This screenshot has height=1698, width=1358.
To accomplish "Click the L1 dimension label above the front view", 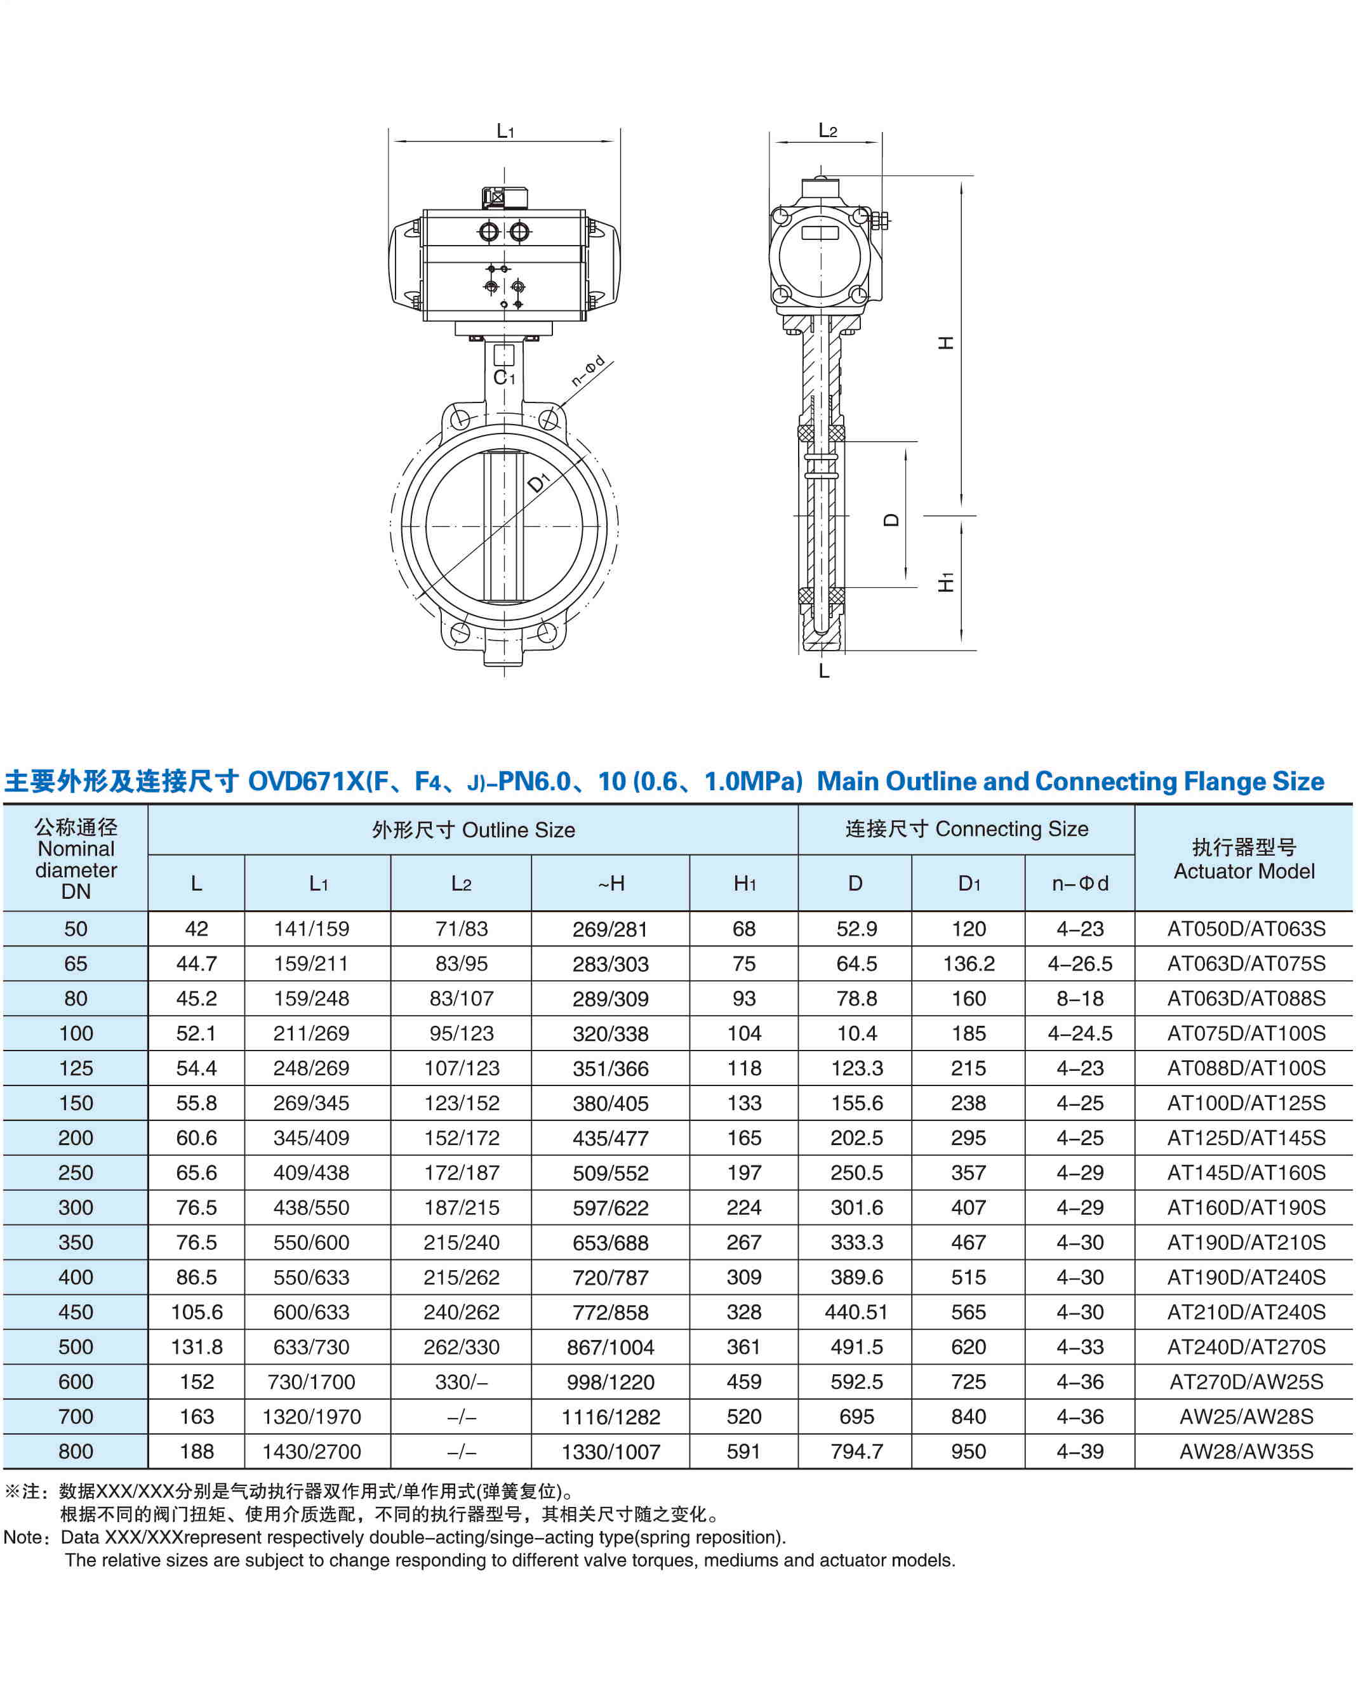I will (505, 131).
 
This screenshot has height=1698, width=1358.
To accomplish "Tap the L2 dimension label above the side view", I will (827, 131).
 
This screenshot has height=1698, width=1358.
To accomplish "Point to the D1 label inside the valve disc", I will (539, 481).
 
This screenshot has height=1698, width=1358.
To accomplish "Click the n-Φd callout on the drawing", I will (588, 371).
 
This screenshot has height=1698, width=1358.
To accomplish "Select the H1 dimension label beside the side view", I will (946, 582).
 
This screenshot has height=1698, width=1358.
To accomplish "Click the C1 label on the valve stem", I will (504, 378).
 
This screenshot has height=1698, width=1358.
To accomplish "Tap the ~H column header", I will (611, 884).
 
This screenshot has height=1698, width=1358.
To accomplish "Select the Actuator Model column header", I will (1244, 859).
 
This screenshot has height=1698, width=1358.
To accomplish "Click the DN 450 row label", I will (76, 1312).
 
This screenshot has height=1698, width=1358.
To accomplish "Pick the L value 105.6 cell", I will (196, 1312).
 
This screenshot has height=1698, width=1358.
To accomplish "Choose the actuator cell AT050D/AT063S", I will (1246, 929).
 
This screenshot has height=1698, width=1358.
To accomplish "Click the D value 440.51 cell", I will (856, 1312).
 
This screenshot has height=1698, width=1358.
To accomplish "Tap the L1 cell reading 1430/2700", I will (311, 1452).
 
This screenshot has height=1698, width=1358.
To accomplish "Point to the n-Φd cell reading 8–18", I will (1080, 998).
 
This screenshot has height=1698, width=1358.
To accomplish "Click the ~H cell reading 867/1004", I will (611, 1348).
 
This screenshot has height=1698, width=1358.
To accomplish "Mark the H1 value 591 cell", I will (743, 1452).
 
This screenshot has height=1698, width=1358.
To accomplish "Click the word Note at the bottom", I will (23, 1537).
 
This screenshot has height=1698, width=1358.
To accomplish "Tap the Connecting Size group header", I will (966, 829).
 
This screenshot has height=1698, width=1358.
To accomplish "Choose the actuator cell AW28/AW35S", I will (1246, 1452).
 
